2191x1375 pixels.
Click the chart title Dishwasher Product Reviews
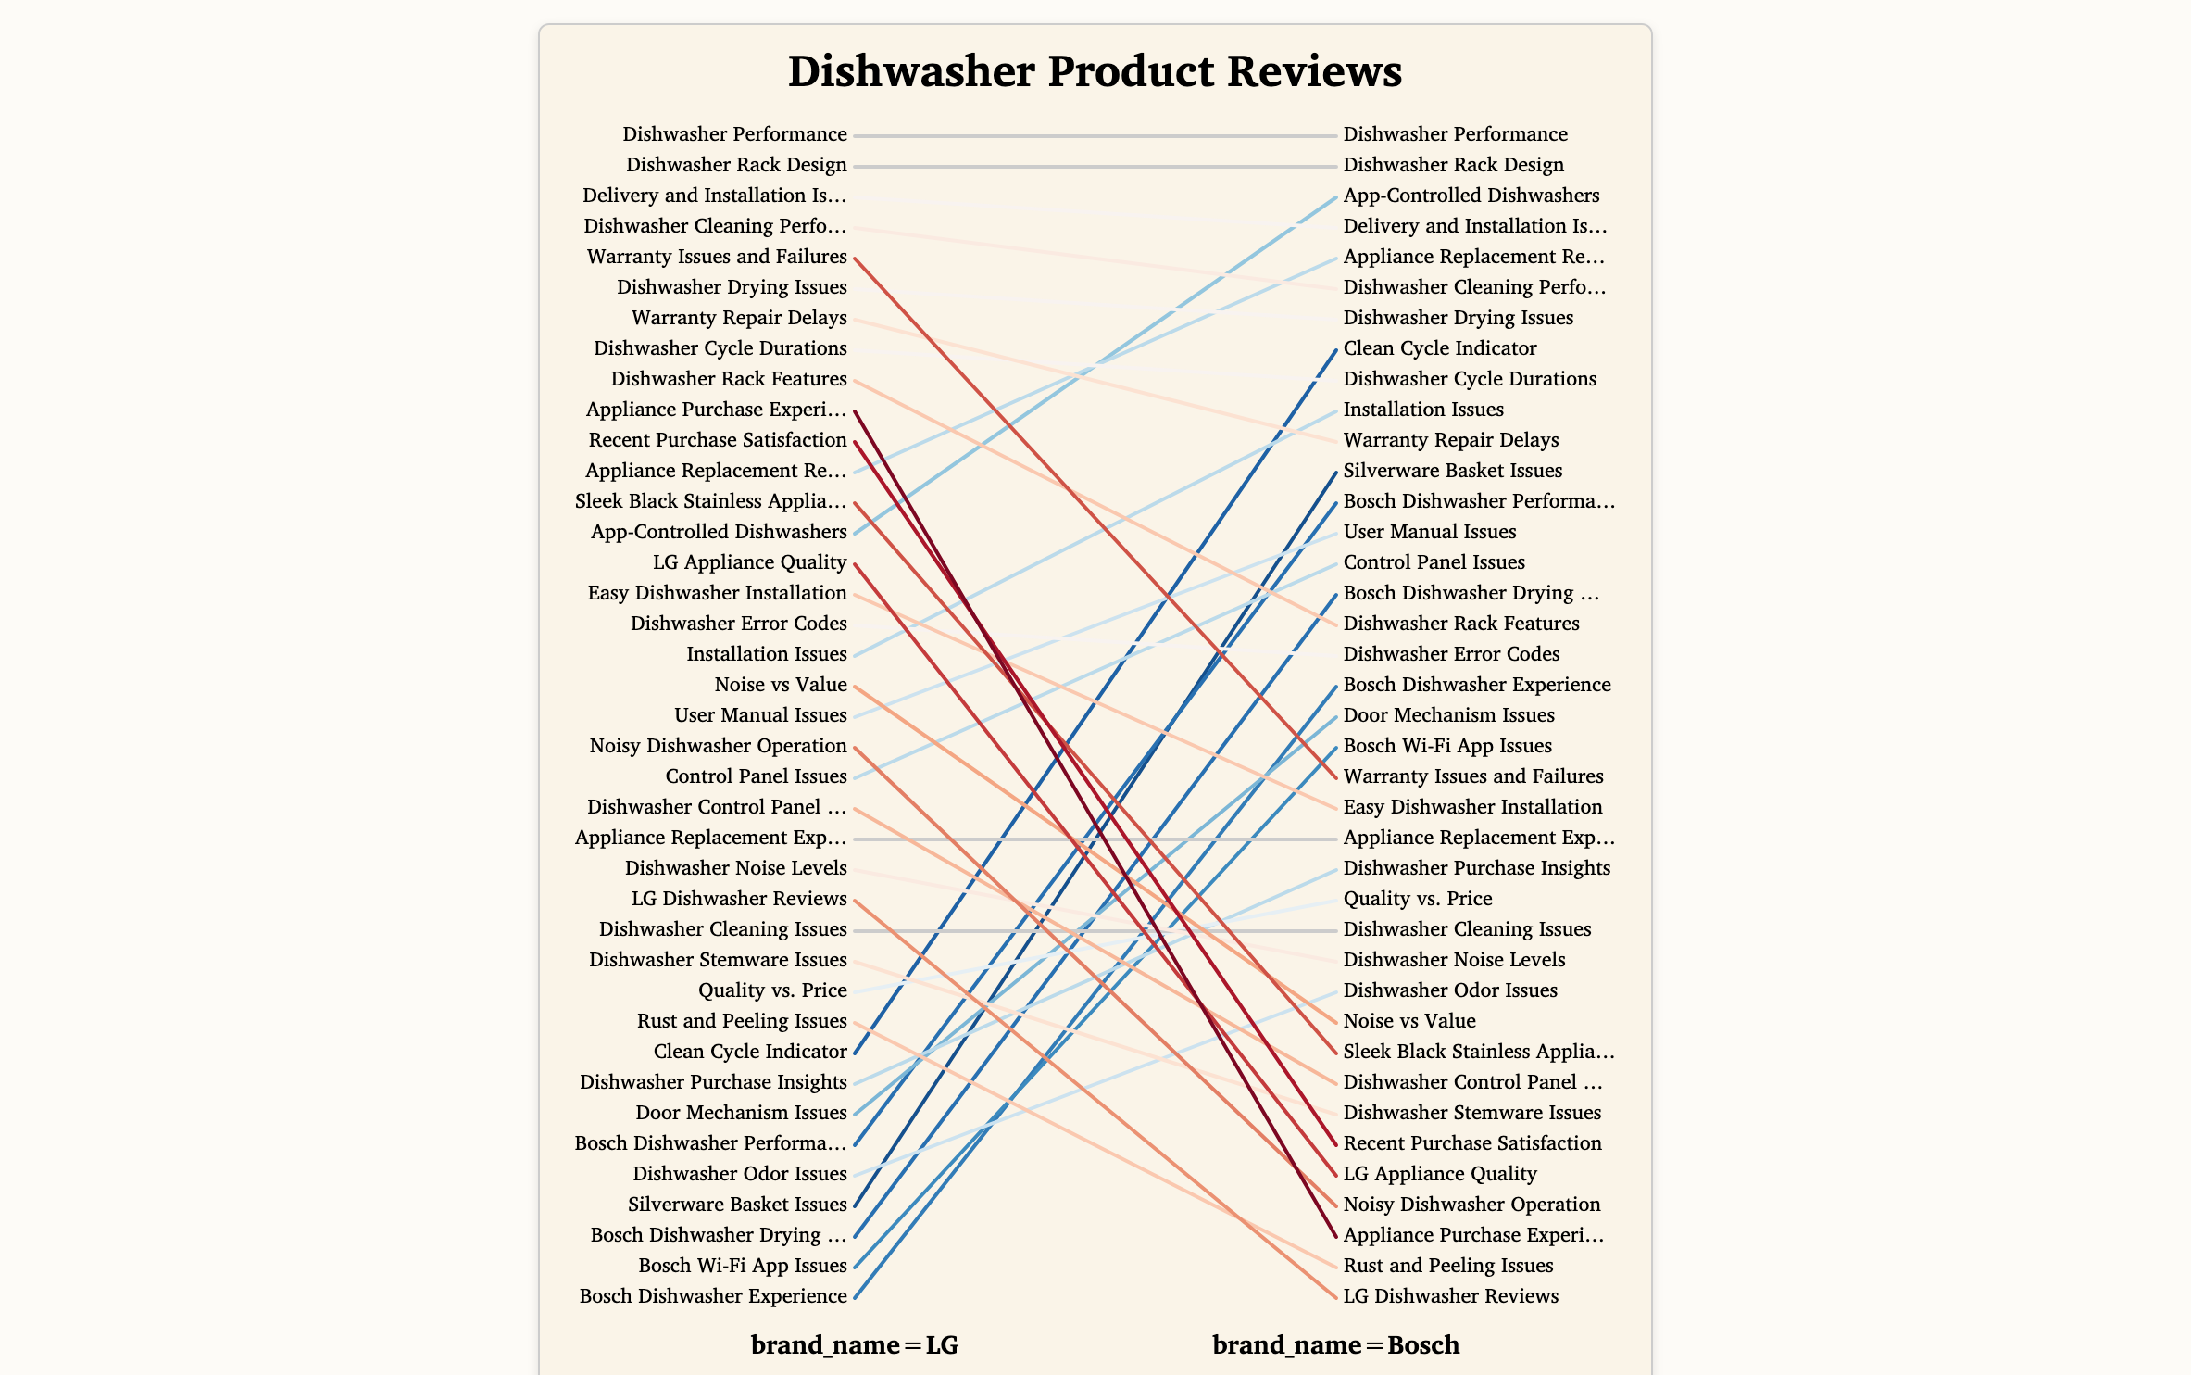coord(1095,71)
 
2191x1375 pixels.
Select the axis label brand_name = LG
coord(854,1344)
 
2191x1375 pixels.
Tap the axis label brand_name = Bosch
coord(1335,1344)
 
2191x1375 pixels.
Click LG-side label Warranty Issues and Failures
coord(717,257)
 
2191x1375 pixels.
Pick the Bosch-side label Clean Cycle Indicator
coord(1439,348)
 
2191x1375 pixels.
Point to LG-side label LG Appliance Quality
coord(749,562)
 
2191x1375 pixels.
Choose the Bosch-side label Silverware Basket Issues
coord(1452,471)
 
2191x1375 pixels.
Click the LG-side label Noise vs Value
coord(780,685)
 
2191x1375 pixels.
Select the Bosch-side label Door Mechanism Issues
coord(1448,715)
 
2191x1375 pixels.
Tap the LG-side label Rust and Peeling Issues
coord(742,1021)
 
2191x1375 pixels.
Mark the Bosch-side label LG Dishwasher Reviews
coord(1450,1296)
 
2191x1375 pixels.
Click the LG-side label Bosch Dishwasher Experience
coord(713,1296)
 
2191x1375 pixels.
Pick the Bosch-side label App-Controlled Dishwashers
coord(1471,196)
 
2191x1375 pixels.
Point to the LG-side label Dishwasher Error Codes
coord(738,624)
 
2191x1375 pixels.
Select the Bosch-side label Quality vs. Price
coord(1417,899)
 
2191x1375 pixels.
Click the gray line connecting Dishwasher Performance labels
coord(1095,136)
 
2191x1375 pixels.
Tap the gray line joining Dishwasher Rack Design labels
coord(1095,167)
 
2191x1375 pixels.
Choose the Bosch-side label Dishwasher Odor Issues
coord(1450,990)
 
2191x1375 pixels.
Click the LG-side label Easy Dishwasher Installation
coord(717,593)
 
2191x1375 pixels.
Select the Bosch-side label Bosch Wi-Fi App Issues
coord(1446,746)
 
